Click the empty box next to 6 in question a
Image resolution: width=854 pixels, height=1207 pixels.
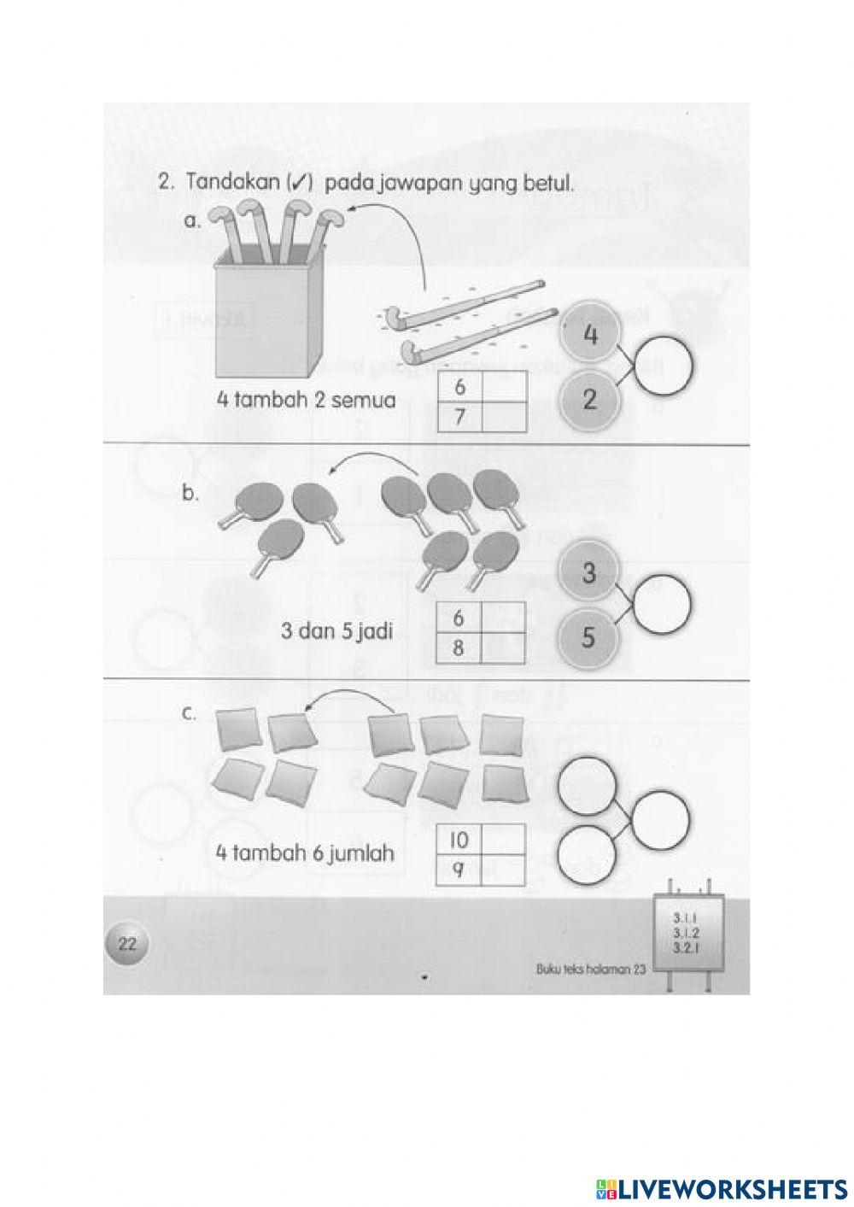(503, 387)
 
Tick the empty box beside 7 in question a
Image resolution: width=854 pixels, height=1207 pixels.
(503, 418)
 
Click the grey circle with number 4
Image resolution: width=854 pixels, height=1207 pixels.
(589, 336)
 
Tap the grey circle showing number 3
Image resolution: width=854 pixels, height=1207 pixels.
(588, 573)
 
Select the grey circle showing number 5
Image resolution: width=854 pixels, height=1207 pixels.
(588, 637)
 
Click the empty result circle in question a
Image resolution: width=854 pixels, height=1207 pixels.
(664, 368)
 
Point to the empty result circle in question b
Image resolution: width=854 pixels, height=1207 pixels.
(663, 605)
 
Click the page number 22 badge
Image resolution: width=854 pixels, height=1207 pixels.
(126, 944)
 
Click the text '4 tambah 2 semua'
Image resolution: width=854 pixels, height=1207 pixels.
(306, 400)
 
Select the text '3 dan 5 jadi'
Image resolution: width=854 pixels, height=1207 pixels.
(336, 633)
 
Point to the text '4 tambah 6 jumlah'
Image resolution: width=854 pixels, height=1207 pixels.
(306, 853)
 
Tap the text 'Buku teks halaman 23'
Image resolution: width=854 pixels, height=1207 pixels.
(590, 969)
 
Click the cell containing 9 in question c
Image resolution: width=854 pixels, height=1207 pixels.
(459, 870)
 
